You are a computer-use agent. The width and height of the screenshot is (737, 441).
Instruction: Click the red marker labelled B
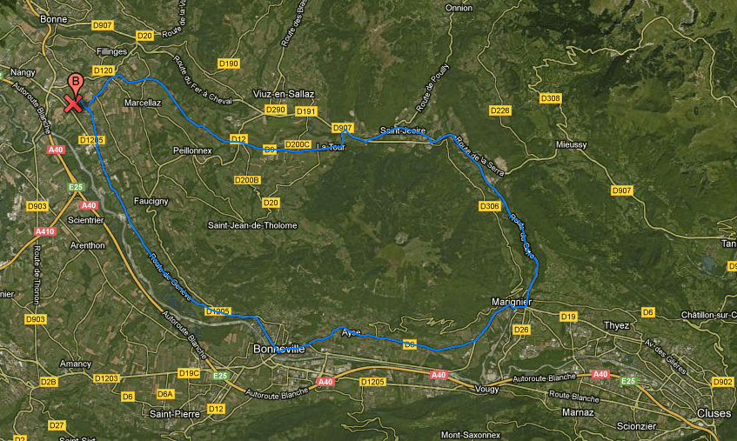[x=76, y=83]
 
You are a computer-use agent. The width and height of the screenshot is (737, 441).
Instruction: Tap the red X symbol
[x=73, y=104]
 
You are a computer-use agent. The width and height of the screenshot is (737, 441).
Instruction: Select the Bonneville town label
[x=278, y=349]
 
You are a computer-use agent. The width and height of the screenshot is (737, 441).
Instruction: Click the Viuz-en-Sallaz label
[x=280, y=94]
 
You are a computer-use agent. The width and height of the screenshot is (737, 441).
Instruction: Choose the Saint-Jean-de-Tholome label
[x=251, y=225]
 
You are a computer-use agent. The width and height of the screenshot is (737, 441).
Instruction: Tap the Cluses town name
[x=713, y=412]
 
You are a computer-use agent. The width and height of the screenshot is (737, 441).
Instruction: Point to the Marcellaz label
[x=143, y=102]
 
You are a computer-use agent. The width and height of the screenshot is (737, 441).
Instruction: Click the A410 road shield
[x=45, y=232]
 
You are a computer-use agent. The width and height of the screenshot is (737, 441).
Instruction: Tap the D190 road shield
[x=229, y=63]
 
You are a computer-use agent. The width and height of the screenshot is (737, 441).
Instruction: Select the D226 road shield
[x=499, y=110]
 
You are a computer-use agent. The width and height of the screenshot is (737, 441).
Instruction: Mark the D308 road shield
[x=550, y=98]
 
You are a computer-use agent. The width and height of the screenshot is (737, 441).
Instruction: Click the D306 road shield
[x=489, y=206]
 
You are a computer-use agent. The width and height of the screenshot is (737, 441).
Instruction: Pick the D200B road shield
[x=248, y=180]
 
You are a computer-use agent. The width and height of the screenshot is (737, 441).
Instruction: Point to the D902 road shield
[x=722, y=382]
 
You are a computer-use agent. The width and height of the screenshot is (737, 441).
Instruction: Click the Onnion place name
[x=459, y=8]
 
